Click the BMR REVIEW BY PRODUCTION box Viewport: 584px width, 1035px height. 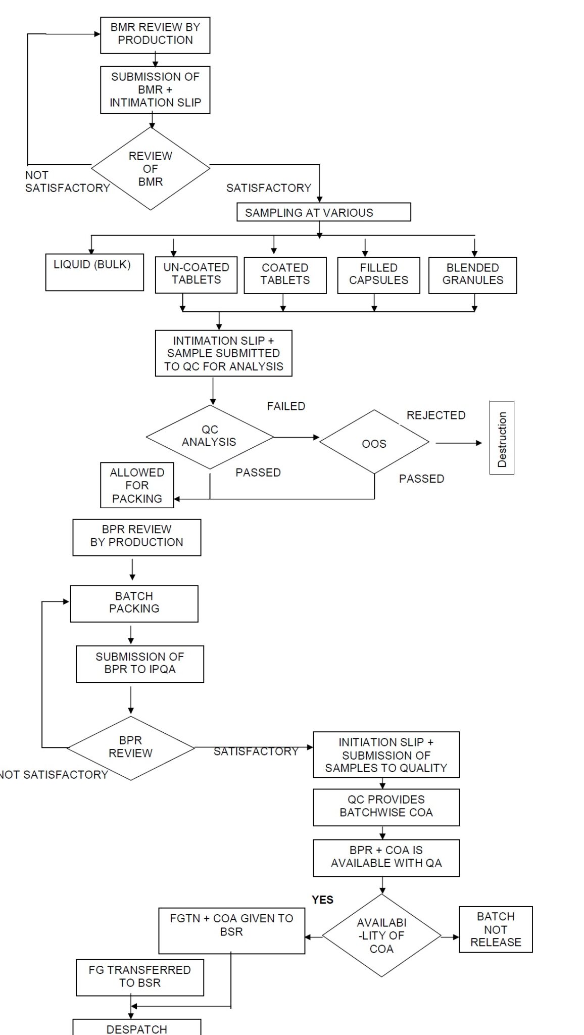point(155,35)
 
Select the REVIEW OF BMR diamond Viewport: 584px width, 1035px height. point(151,169)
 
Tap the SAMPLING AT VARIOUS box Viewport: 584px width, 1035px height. point(323,212)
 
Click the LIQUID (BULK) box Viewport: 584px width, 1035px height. point(94,272)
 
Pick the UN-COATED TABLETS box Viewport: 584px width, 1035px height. point(196,274)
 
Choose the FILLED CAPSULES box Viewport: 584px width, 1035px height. point(378,275)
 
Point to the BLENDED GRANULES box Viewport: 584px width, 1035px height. point(472,275)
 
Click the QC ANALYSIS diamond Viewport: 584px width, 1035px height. point(210,437)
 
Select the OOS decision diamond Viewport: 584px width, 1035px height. point(374,443)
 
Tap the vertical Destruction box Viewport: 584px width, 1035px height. point(502,438)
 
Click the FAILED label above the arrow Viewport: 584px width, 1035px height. point(286,406)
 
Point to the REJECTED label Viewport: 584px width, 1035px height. point(436,415)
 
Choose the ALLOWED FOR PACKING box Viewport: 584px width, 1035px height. point(137,485)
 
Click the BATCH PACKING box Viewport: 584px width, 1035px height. point(134,603)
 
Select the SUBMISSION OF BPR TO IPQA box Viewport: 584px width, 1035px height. point(140,664)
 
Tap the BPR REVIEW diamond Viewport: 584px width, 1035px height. point(130,747)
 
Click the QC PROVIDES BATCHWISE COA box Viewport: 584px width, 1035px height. point(386,807)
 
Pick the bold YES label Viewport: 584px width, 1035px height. point(322,900)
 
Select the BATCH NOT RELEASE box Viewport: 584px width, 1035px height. point(495,929)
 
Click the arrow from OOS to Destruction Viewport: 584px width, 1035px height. point(458,443)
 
